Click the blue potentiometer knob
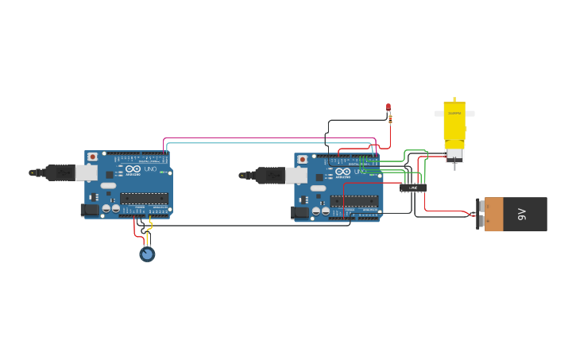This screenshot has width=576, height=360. point(147,254)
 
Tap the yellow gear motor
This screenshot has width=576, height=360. point(454,127)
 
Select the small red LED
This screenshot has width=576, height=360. point(389,106)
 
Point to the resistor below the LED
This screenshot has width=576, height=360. point(390,119)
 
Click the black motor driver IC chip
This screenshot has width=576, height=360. point(413,188)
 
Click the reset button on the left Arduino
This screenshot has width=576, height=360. point(92,157)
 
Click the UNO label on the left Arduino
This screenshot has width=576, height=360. point(149,169)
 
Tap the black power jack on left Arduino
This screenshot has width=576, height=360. point(90,210)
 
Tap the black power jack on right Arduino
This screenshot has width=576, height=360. point(300,213)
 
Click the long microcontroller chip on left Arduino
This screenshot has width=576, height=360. point(145,198)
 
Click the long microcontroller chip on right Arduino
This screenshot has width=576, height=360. point(355,201)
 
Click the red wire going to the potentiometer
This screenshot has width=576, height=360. point(135,228)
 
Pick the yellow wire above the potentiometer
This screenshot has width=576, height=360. point(149,235)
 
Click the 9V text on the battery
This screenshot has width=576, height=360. point(522,214)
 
